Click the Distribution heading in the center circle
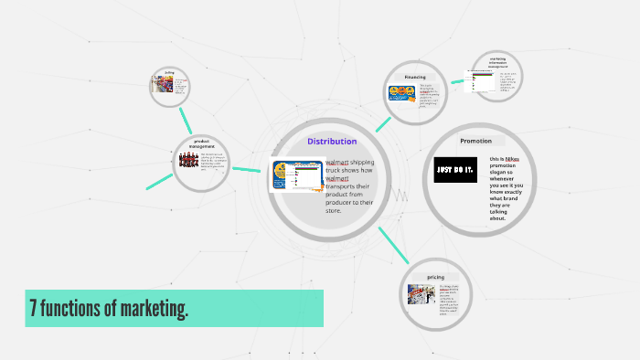coord(332,142)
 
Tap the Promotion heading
coord(475,141)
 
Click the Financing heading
coord(416,78)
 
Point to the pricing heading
coord(435,276)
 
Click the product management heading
coord(201,143)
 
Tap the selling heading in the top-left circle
coord(170,72)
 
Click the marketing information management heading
coord(497,63)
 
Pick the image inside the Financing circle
coord(402,92)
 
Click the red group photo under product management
coord(188,161)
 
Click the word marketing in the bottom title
coord(145,309)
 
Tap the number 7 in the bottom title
coord(34,309)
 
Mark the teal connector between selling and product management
coord(186,119)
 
